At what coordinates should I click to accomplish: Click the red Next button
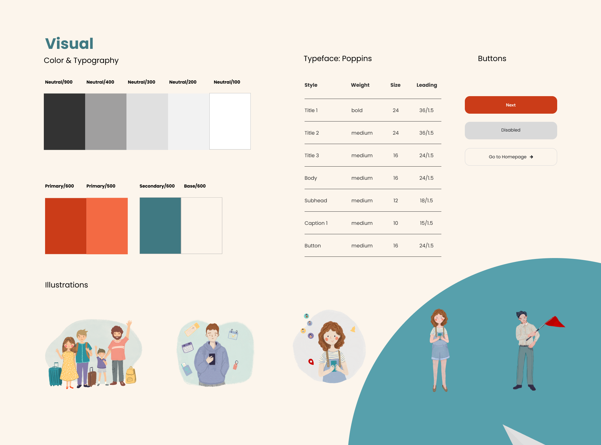point(511,105)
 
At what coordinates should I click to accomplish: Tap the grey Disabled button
point(511,130)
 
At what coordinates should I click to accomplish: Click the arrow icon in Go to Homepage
point(532,157)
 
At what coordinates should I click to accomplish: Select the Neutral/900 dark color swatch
point(64,122)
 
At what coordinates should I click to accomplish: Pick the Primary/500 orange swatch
point(107,226)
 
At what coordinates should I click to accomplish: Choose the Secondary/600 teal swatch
point(160,225)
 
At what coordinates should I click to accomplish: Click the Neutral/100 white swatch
point(230,121)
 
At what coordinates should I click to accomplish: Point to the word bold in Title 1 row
point(357,110)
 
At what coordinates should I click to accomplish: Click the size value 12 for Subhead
point(396,200)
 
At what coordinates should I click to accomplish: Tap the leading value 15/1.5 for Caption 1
point(426,223)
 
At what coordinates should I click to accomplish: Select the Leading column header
point(427,85)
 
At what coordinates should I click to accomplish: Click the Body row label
point(311,178)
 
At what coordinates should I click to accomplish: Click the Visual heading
point(69,44)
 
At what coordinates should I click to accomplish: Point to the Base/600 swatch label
point(195,186)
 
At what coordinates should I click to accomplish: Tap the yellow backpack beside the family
point(131,375)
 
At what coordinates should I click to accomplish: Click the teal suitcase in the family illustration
point(55,375)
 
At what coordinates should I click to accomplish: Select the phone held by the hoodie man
point(212,359)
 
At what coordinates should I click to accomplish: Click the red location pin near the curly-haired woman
point(311,362)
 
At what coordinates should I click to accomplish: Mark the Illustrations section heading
point(66,285)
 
